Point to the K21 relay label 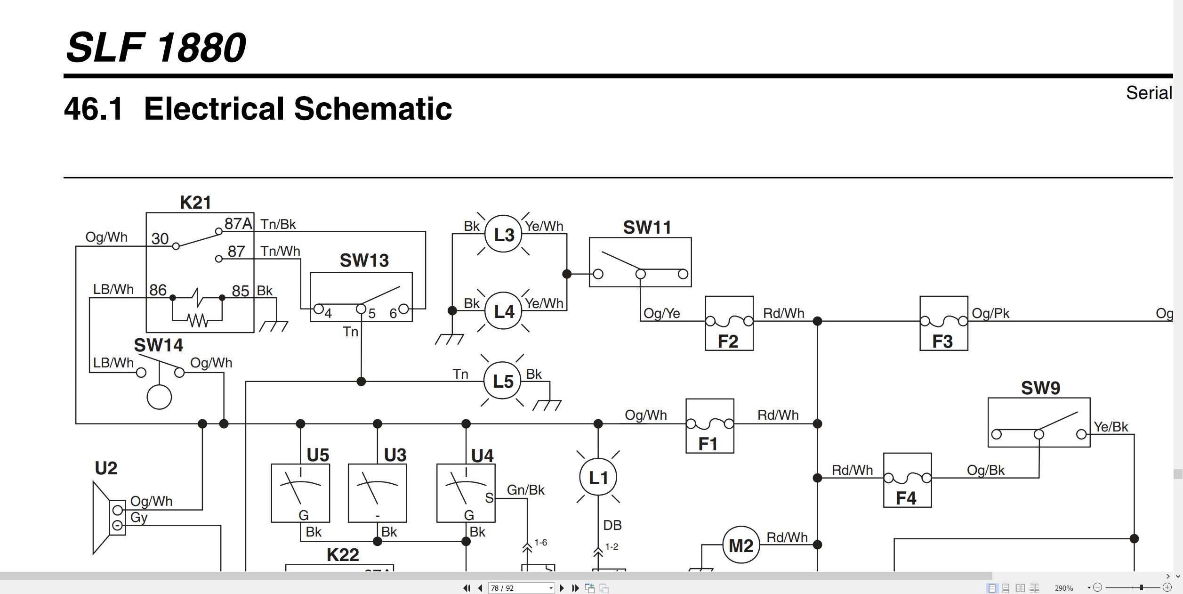tap(195, 203)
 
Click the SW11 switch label tap(647, 228)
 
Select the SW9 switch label tap(1040, 388)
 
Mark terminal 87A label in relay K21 tap(238, 223)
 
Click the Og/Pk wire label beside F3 tap(990, 313)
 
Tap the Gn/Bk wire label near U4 tap(526, 490)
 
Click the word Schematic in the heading tap(373, 109)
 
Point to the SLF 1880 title tap(156, 47)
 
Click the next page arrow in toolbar tap(562, 588)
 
